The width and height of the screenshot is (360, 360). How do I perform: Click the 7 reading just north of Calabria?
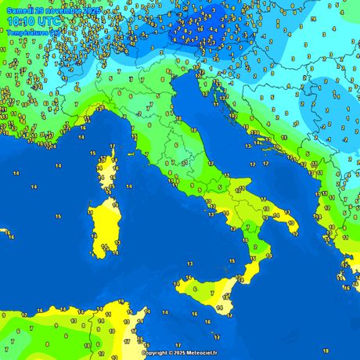coord(248,226)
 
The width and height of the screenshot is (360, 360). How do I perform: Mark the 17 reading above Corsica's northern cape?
coord(113,146)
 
